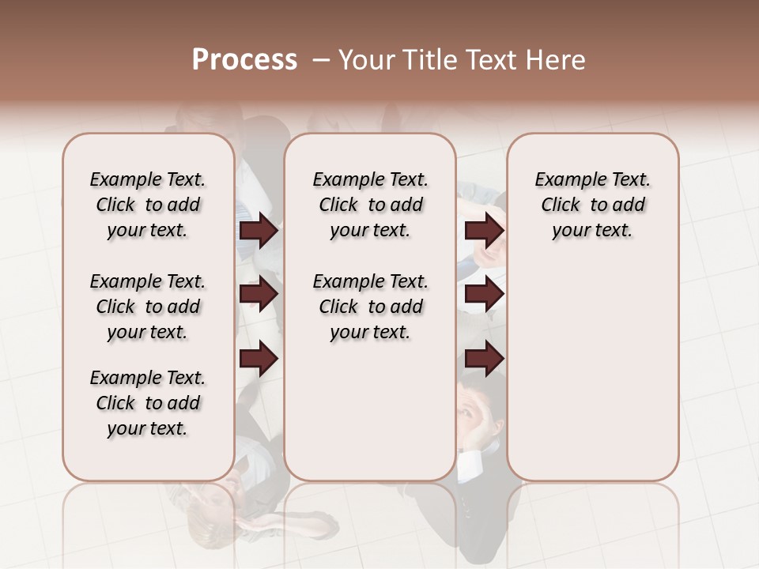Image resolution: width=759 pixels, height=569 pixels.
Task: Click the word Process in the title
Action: (244, 59)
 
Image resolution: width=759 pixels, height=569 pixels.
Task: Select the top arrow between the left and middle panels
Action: (259, 231)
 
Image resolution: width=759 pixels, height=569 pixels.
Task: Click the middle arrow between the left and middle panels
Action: (259, 295)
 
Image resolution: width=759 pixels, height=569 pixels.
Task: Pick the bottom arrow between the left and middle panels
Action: (259, 359)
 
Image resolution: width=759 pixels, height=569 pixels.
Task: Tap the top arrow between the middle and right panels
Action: (484, 231)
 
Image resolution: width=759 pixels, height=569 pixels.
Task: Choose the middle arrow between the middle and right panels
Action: (484, 295)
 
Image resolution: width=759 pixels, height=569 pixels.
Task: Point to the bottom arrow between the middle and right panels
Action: (484, 359)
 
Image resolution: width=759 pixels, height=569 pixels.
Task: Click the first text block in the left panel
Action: (148, 205)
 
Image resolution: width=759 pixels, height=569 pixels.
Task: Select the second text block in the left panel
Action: (148, 307)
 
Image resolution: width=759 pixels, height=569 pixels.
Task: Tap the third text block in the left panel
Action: (148, 403)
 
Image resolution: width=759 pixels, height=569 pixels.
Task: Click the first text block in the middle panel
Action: (370, 205)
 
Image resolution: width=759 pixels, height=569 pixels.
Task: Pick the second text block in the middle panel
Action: (370, 307)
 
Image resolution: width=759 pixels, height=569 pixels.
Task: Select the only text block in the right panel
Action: (593, 205)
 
